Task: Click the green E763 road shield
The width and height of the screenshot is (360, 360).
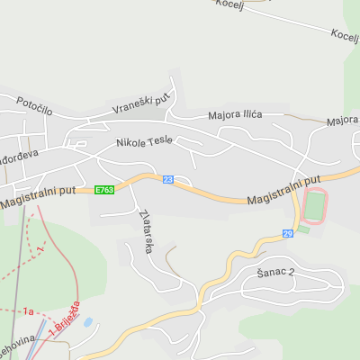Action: (104, 190)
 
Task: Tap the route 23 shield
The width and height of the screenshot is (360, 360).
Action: (168, 180)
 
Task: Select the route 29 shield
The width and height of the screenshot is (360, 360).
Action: (288, 234)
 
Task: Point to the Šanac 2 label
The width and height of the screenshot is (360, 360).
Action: (276, 271)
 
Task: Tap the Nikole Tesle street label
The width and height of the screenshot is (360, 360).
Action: (143, 141)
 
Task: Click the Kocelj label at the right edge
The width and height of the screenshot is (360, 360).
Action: (345, 35)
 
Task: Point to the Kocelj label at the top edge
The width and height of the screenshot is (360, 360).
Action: (229, 4)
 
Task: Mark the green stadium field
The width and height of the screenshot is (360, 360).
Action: (313, 206)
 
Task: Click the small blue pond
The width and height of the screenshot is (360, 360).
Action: (87, 321)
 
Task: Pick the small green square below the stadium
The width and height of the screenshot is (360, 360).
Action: (303, 229)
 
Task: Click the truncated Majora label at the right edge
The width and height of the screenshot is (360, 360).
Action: (343, 120)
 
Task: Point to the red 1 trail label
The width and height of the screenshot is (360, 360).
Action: (40, 247)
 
